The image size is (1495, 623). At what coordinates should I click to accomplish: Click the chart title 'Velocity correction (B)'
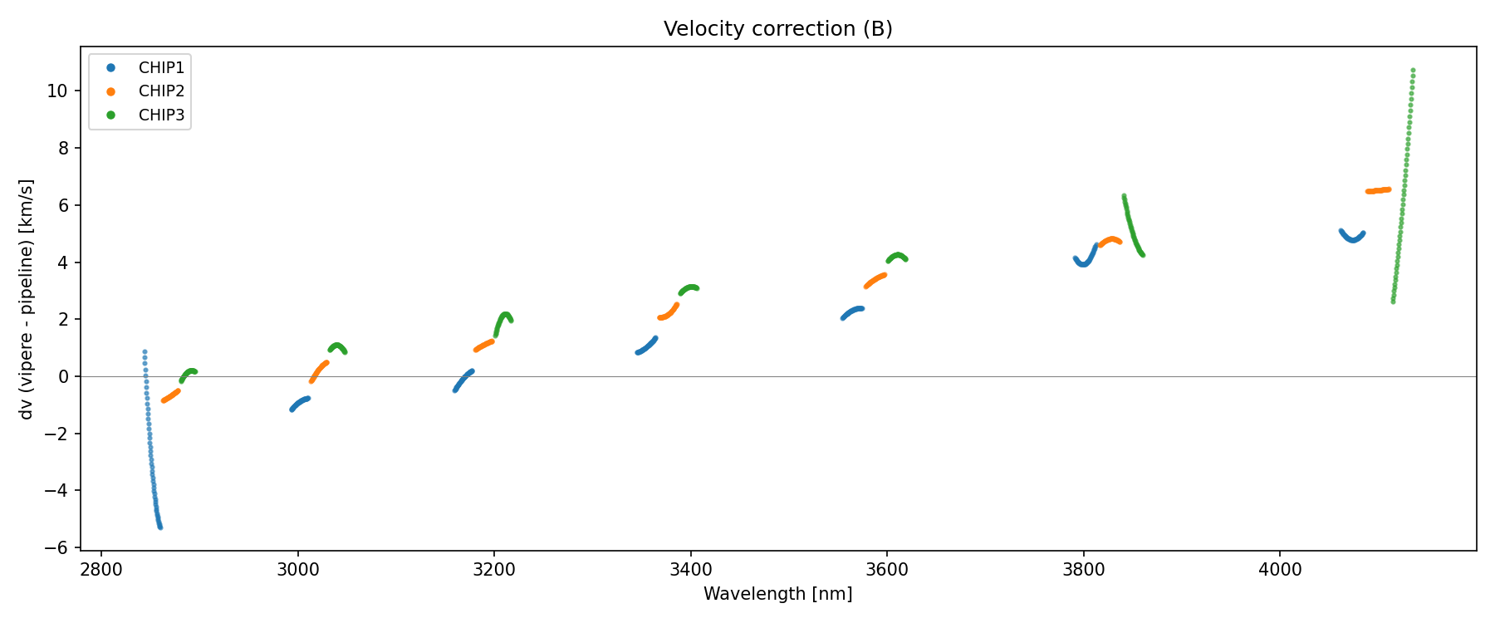point(777,29)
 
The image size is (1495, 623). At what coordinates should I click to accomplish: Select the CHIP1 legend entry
point(161,68)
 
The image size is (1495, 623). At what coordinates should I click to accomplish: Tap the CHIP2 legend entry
point(161,91)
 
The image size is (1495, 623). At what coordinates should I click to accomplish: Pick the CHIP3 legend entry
point(161,115)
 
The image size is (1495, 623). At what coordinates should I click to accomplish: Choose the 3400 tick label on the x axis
point(690,569)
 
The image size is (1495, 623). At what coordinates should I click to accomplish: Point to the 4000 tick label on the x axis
point(1280,569)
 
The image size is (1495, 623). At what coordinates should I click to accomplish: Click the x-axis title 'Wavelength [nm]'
point(777,594)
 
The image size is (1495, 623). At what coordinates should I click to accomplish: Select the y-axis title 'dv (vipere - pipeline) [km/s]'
point(27,299)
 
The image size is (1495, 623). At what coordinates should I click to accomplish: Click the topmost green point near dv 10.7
point(1413,71)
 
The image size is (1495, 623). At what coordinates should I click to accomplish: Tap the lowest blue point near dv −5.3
point(160,527)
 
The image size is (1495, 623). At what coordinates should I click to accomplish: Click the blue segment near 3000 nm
point(300,403)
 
